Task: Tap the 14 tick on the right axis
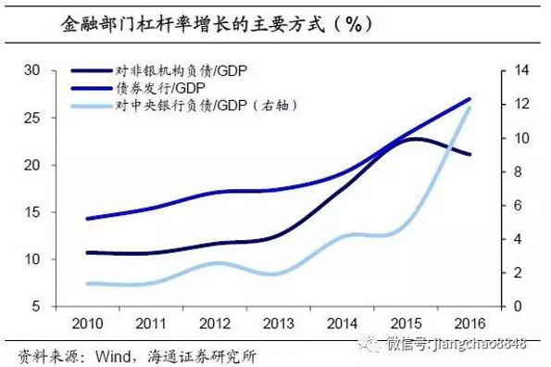(x=520, y=70)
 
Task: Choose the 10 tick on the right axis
(x=520, y=138)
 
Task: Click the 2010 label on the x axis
(x=88, y=323)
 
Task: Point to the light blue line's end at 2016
(x=470, y=108)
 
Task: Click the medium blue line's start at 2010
(x=86, y=219)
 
